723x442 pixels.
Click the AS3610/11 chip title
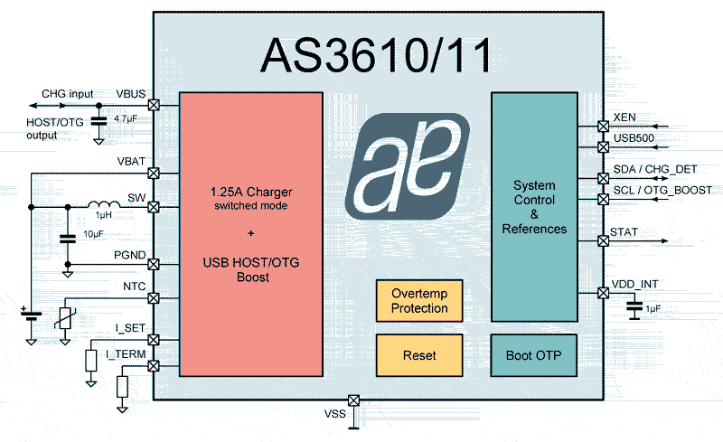point(378,55)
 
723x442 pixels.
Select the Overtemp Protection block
point(419,301)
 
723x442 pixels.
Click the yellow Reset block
point(419,355)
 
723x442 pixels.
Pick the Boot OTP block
point(533,355)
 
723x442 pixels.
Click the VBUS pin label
point(130,93)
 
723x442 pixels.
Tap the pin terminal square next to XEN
point(604,127)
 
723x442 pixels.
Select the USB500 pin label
point(634,137)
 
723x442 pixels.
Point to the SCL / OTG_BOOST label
point(662,191)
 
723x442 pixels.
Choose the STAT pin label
point(624,232)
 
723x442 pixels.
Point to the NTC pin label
point(134,287)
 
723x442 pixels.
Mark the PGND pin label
point(131,255)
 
